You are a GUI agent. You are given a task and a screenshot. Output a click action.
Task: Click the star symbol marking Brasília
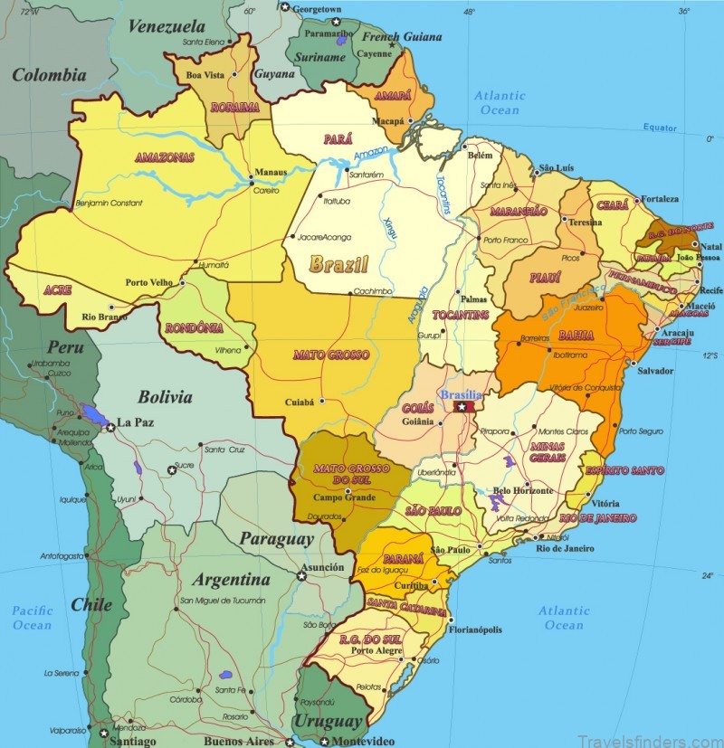click(x=462, y=408)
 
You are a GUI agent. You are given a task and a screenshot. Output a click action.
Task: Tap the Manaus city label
click(x=271, y=171)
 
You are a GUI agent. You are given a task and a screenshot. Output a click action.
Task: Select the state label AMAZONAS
click(x=165, y=157)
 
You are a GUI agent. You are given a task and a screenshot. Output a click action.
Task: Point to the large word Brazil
click(x=338, y=265)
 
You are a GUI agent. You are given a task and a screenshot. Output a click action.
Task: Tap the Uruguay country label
click(x=328, y=721)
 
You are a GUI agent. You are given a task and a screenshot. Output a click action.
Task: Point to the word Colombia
click(x=49, y=76)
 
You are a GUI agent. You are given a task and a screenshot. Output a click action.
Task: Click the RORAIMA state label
click(x=235, y=107)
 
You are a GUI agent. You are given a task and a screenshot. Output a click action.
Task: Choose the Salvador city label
click(x=655, y=371)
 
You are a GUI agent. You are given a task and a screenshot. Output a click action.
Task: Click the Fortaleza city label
click(x=660, y=198)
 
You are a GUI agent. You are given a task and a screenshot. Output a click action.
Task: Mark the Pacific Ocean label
click(x=32, y=618)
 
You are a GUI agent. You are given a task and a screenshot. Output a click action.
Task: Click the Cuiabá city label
click(x=299, y=402)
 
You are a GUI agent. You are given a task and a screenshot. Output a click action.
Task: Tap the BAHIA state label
click(x=576, y=336)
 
